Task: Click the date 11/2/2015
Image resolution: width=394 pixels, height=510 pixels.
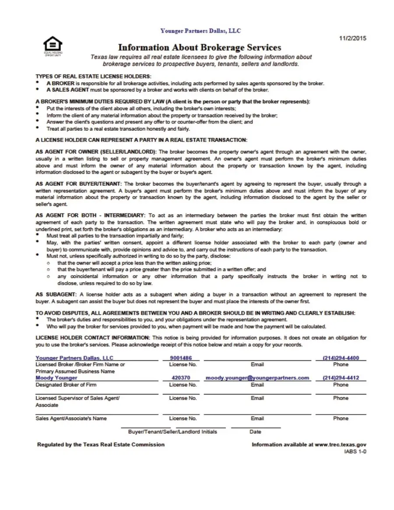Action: (x=353, y=38)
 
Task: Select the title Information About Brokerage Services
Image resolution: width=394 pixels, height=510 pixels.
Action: (x=200, y=47)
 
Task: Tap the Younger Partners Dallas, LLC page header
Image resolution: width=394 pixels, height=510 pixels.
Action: (x=201, y=31)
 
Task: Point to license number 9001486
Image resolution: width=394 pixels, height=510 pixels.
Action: (x=181, y=358)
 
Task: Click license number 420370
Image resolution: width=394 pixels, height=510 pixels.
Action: (x=181, y=378)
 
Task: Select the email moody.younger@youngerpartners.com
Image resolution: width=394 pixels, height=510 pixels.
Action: (x=257, y=378)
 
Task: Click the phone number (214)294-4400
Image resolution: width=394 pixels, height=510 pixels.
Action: (x=341, y=358)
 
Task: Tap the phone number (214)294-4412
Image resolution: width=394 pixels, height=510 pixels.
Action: (x=341, y=378)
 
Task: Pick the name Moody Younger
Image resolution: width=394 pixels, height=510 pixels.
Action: (x=56, y=378)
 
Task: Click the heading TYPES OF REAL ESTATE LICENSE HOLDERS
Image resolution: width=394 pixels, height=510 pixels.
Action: (x=93, y=76)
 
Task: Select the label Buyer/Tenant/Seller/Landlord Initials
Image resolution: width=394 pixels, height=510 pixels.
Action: (x=172, y=432)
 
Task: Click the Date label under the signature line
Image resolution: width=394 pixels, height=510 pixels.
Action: (x=255, y=432)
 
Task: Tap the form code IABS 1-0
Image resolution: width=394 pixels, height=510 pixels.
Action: (x=356, y=452)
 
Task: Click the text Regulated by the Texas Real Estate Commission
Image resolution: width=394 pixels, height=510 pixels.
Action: (x=101, y=445)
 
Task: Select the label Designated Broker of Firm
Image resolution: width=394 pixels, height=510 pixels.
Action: (x=66, y=385)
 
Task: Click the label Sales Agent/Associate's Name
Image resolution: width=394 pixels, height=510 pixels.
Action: (x=71, y=419)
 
